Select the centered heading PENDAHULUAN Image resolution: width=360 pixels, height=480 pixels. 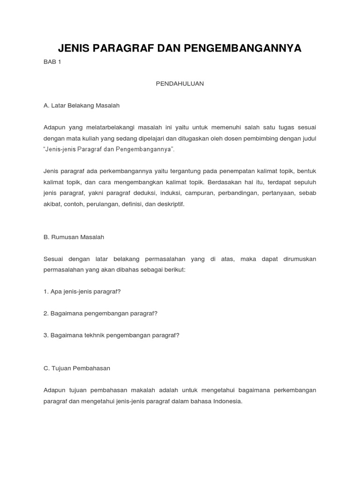180,83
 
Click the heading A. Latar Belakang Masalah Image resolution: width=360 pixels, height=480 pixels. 82,105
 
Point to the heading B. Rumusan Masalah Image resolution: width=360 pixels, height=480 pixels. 74,237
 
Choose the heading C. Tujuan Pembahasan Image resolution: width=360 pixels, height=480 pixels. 76,368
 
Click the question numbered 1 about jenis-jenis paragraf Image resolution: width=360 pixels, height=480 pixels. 82,291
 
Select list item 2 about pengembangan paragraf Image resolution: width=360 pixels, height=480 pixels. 100,313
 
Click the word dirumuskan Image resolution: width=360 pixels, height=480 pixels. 297,259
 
